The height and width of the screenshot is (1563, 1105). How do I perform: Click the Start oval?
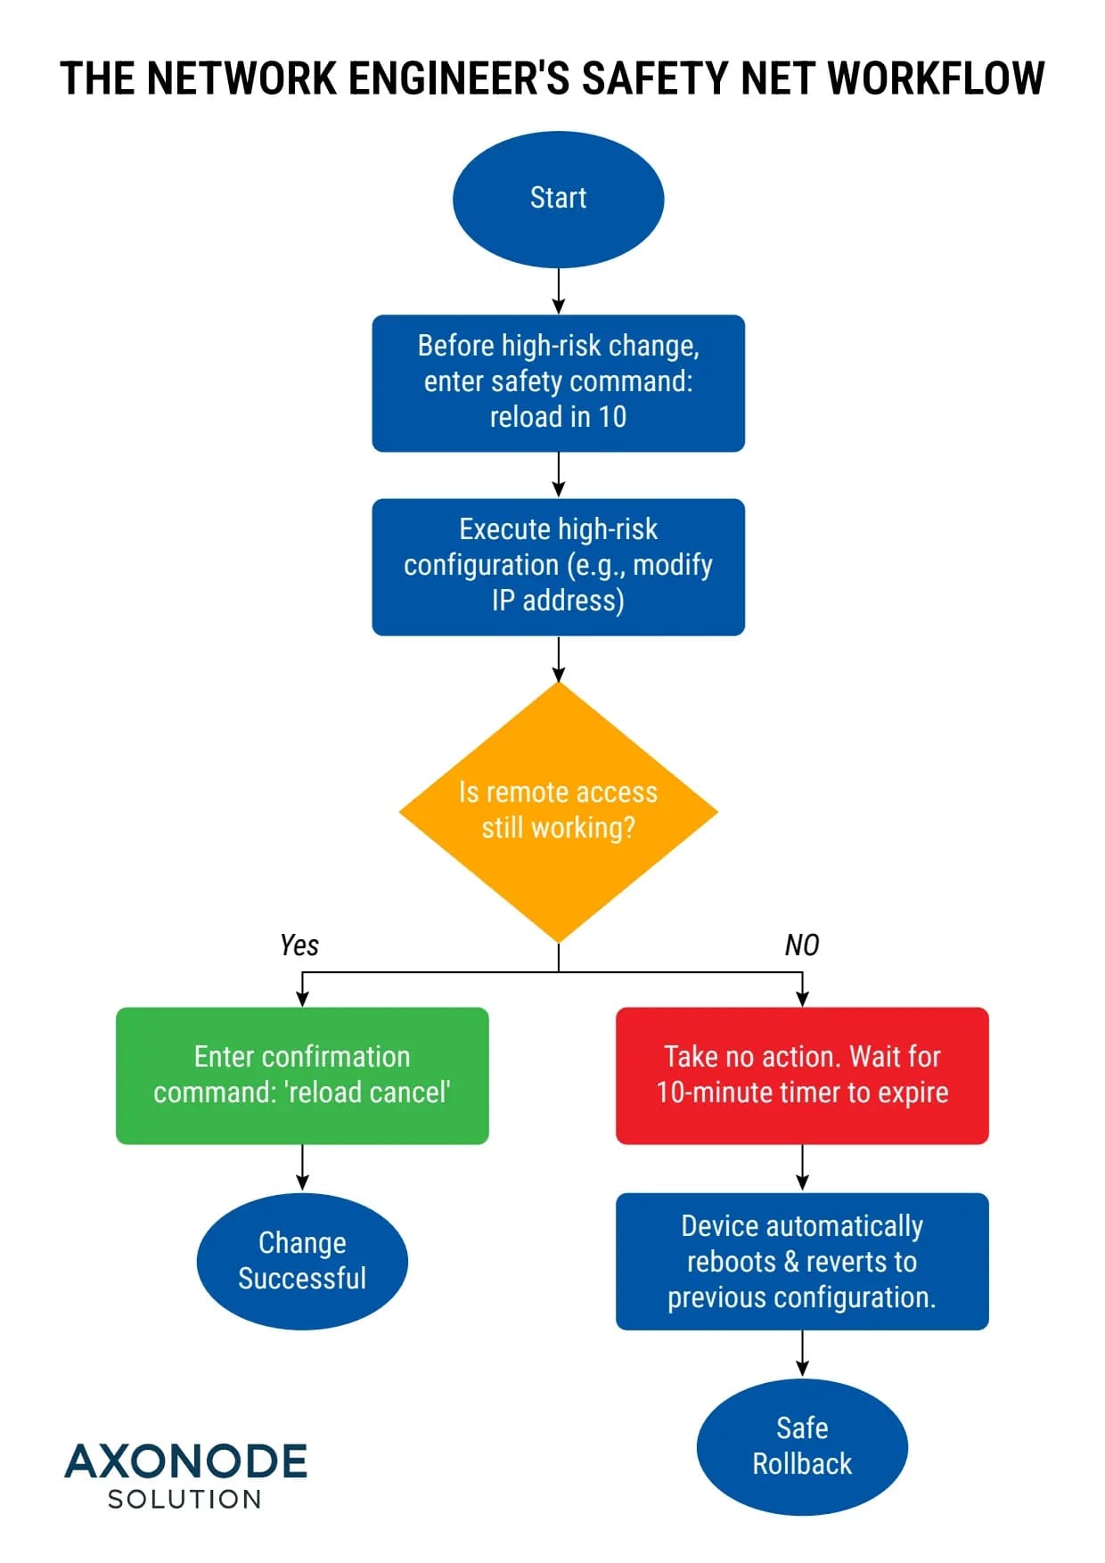[558, 199]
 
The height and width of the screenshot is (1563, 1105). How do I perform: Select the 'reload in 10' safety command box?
[558, 383]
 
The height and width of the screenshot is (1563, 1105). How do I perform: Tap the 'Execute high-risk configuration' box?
[558, 567]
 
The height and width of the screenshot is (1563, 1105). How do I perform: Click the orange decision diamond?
[558, 811]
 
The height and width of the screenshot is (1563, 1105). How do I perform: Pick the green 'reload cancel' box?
[302, 1076]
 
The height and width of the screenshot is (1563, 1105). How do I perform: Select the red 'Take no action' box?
[802, 1076]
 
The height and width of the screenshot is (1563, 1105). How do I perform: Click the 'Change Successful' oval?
[302, 1261]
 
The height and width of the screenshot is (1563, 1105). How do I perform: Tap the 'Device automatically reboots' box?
[802, 1261]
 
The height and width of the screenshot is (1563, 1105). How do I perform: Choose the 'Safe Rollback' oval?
[802, 1446]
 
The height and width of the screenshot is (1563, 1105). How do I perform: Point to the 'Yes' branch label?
[299, 945]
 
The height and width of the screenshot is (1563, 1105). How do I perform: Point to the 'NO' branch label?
[801, 945]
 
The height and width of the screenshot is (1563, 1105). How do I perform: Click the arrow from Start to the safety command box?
[559, 291]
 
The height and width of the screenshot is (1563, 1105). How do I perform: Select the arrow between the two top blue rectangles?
[559, 475]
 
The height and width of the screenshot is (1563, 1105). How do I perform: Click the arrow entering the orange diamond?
[559, 659]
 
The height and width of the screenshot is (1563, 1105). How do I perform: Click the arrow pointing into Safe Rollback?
[802, 1354]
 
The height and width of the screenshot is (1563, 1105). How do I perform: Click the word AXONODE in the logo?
[185, 1462]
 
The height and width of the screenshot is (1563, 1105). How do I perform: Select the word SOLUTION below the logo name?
[185, 1500]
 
